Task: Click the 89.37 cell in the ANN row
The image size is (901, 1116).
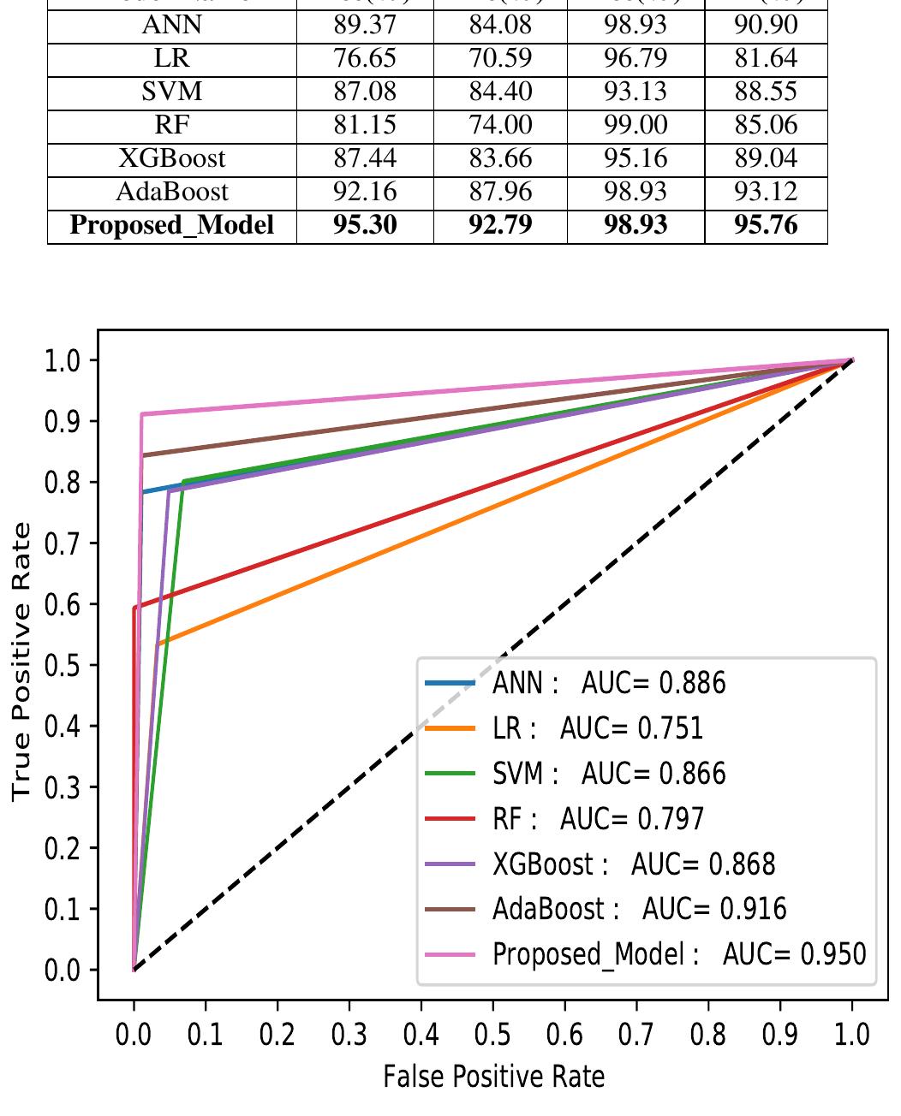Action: click(365, 26)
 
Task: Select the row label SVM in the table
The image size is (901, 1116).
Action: click(171, 92)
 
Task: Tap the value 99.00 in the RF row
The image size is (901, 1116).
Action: click(635, 125)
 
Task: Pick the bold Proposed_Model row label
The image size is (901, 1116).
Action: click(171, 225)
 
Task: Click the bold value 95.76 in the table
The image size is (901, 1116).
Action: click(766, 225)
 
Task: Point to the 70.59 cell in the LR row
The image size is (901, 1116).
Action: click(500, 59)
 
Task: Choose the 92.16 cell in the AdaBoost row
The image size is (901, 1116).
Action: click(365, 192)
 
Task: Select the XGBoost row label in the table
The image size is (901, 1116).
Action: click(171, 158)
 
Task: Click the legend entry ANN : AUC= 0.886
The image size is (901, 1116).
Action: click(609, 683)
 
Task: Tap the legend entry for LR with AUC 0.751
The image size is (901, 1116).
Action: click(598, 728)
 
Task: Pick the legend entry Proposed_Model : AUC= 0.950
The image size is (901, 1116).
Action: click(679, 953)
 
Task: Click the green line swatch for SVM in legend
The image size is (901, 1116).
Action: click(450, 773)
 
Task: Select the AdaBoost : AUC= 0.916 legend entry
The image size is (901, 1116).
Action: click(639, 908)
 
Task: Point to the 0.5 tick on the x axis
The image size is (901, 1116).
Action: click(492, 1035)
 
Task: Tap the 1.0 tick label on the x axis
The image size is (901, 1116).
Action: click(851, 1035)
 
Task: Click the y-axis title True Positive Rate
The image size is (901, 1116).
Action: click(22, 662)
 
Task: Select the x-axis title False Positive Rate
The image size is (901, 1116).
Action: click(493, 1076)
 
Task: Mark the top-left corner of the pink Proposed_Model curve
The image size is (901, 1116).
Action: click(142, 414)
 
